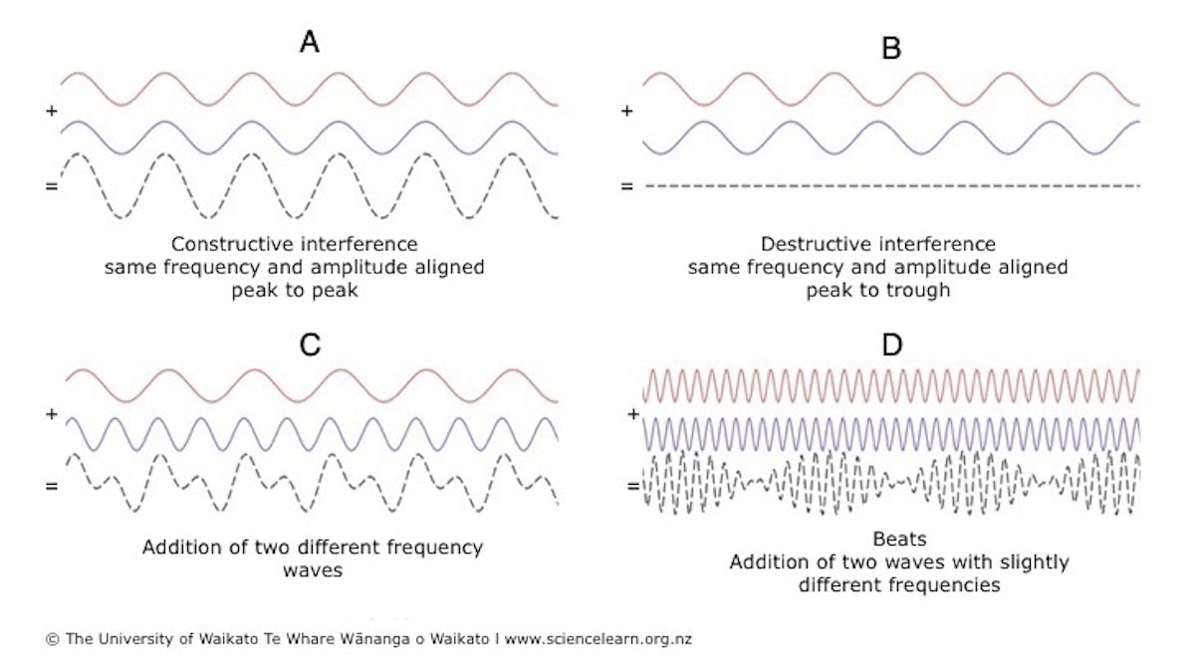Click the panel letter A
click(x=310, y=42)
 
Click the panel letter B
click(x=891, y=48)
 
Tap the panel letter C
click(x=310, y=344)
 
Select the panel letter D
click(x=892, y=344)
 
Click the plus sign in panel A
click(x=52, y=111)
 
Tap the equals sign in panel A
click(x=52, y=186)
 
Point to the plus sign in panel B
click(x=627, y=111)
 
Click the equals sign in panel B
click(x=627, y=186)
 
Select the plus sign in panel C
click(x=52, y=414)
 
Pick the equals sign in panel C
click(x=52, y=486)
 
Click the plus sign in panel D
click(x=633, y=414)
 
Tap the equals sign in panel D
click(x=633, y=486)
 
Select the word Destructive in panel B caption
click(x=817, y=244)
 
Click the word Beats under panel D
click(x=899, y=539)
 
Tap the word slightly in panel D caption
click(x=1034, y=562)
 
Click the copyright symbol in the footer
click(x=52, y=639)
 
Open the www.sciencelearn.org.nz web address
click(x=598, y=639)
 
